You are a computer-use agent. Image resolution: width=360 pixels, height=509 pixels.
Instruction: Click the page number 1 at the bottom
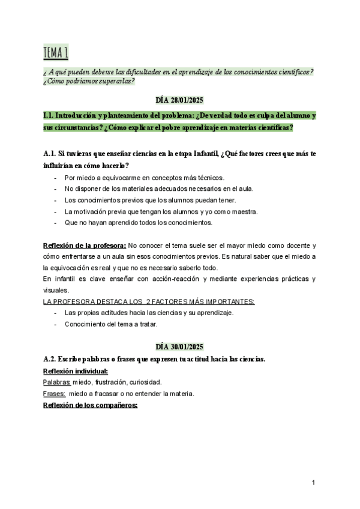(x=314, y=483)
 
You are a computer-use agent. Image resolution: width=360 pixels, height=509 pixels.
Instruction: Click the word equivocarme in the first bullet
(x=115, y=177)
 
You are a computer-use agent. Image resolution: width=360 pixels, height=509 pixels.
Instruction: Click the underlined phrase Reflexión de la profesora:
(x=85, y=245)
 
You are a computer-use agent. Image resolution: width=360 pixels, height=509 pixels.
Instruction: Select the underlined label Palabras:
(x=57, y=382)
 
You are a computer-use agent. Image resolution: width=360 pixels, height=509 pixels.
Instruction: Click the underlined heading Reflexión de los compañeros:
(x=91, y=405)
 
